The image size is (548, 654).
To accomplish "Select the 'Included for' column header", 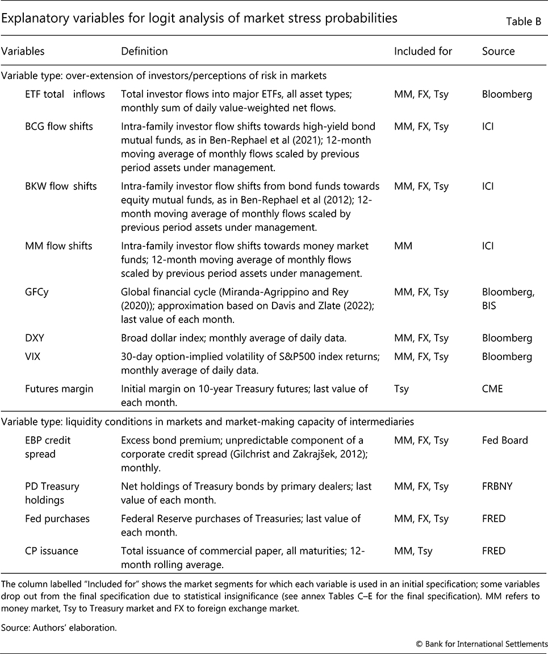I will [x=423, y=51].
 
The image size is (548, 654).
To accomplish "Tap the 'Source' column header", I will [x=498, y=51].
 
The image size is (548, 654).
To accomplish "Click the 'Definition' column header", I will [x=144, y=51].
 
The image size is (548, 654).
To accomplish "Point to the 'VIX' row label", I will [x=33, y=357].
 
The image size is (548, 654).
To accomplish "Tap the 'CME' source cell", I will [x=492, y=390].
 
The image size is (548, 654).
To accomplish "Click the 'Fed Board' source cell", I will [x=505, y=440].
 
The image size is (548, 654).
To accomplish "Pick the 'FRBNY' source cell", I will [x=498, y=486].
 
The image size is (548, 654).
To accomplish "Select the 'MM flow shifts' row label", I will [x=58, y=246].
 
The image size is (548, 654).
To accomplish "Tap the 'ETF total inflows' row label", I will [x=65, y=94].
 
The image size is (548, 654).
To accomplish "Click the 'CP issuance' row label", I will [x=52, y=551].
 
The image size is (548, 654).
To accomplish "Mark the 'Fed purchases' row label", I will [x=57, y=519].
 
